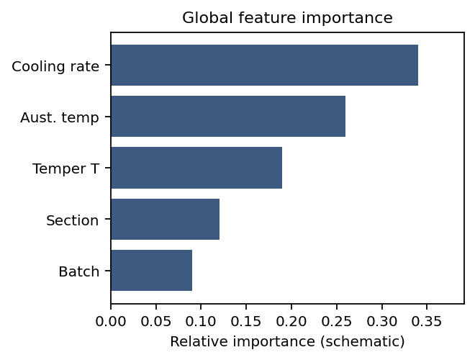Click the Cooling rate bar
tap(264, 66)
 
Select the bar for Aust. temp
tap(228, 117)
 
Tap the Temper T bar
tap(196, 168)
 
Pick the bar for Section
tap(165, 219)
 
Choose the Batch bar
tap(151, 271)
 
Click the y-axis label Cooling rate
tap(55, 66)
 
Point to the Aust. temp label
tap(60, 117)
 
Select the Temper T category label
tap(65, 168)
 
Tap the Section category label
tap(72, 220)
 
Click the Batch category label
tap(78, 271)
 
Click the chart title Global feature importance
tap(287, 18)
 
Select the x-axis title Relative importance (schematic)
tap(287, 341)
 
